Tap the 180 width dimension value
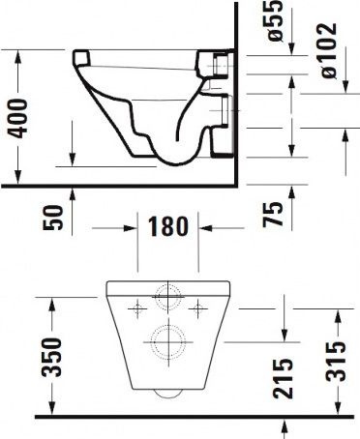165,228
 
